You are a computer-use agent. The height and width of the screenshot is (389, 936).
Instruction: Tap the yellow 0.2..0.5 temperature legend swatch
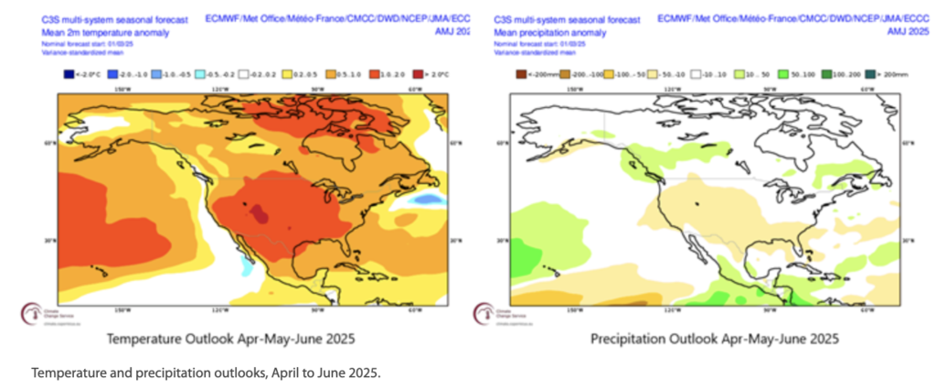[286, 74]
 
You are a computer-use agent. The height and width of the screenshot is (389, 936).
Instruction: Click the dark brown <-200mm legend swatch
[520, 74]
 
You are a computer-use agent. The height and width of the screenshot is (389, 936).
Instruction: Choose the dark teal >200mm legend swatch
[870, 74]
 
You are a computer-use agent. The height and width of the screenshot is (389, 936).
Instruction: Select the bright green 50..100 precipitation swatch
[782, 74]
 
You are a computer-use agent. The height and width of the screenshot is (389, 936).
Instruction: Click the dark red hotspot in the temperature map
[261, 215]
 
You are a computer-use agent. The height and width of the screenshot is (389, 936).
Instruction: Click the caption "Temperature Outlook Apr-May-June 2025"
[230, 339]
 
